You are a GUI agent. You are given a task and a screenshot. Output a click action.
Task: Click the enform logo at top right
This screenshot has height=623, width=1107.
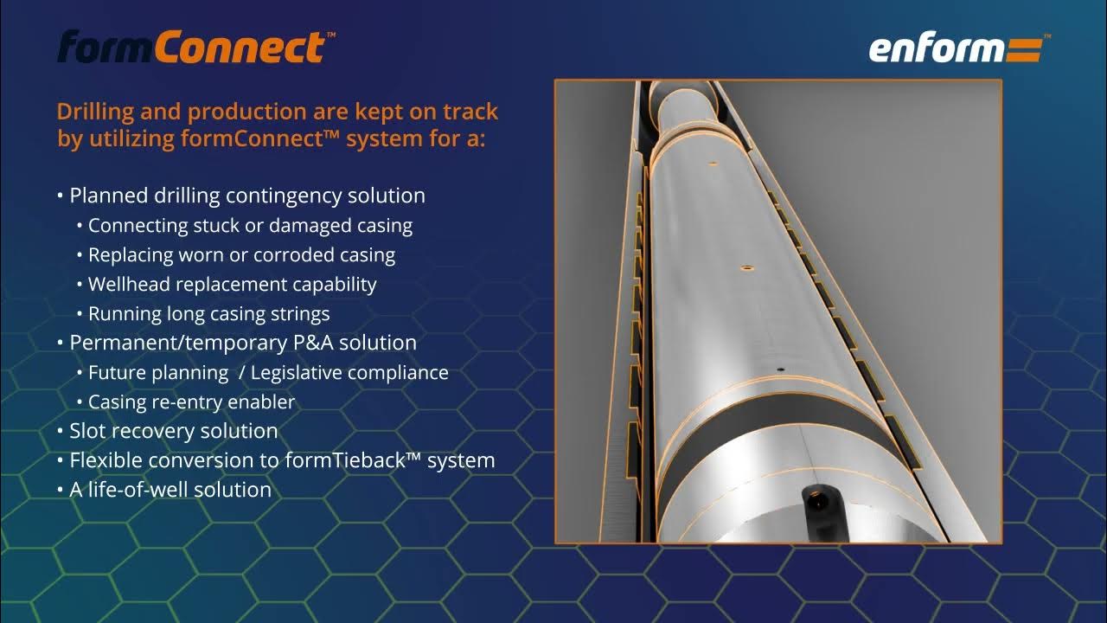tap(955, 49)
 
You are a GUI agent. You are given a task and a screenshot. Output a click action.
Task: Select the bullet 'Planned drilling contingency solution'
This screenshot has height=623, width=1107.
tap(246, 196)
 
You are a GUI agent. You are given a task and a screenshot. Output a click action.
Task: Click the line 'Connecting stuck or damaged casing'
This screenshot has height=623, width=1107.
tap(250, 226)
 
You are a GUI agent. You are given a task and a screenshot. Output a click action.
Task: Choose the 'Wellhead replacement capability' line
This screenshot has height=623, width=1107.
tap(232, 284)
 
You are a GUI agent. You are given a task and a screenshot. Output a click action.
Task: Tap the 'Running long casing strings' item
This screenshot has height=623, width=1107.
tap(208, 313)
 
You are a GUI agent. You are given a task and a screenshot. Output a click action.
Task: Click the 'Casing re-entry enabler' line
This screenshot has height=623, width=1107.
tap(191, 401)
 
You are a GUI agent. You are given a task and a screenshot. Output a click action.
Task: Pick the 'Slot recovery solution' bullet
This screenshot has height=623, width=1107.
tap(173, 431)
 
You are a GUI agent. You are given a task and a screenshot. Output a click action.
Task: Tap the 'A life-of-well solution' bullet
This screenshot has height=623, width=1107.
tap(170, 490)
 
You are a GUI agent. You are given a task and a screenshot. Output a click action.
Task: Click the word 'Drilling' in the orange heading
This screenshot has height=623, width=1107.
tap(93, 112)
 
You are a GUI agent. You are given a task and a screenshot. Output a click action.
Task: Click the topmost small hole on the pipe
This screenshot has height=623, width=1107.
tap(713, 163)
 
